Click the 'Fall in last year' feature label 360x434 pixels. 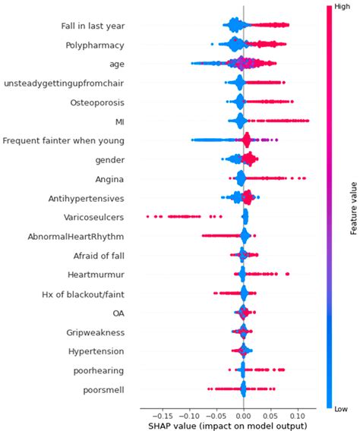click(93, 26)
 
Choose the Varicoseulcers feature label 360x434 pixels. click(94, 217)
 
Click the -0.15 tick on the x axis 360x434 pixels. click(162, 416)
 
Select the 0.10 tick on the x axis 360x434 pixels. click(297, 416)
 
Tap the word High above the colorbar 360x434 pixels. click(337, 6)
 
